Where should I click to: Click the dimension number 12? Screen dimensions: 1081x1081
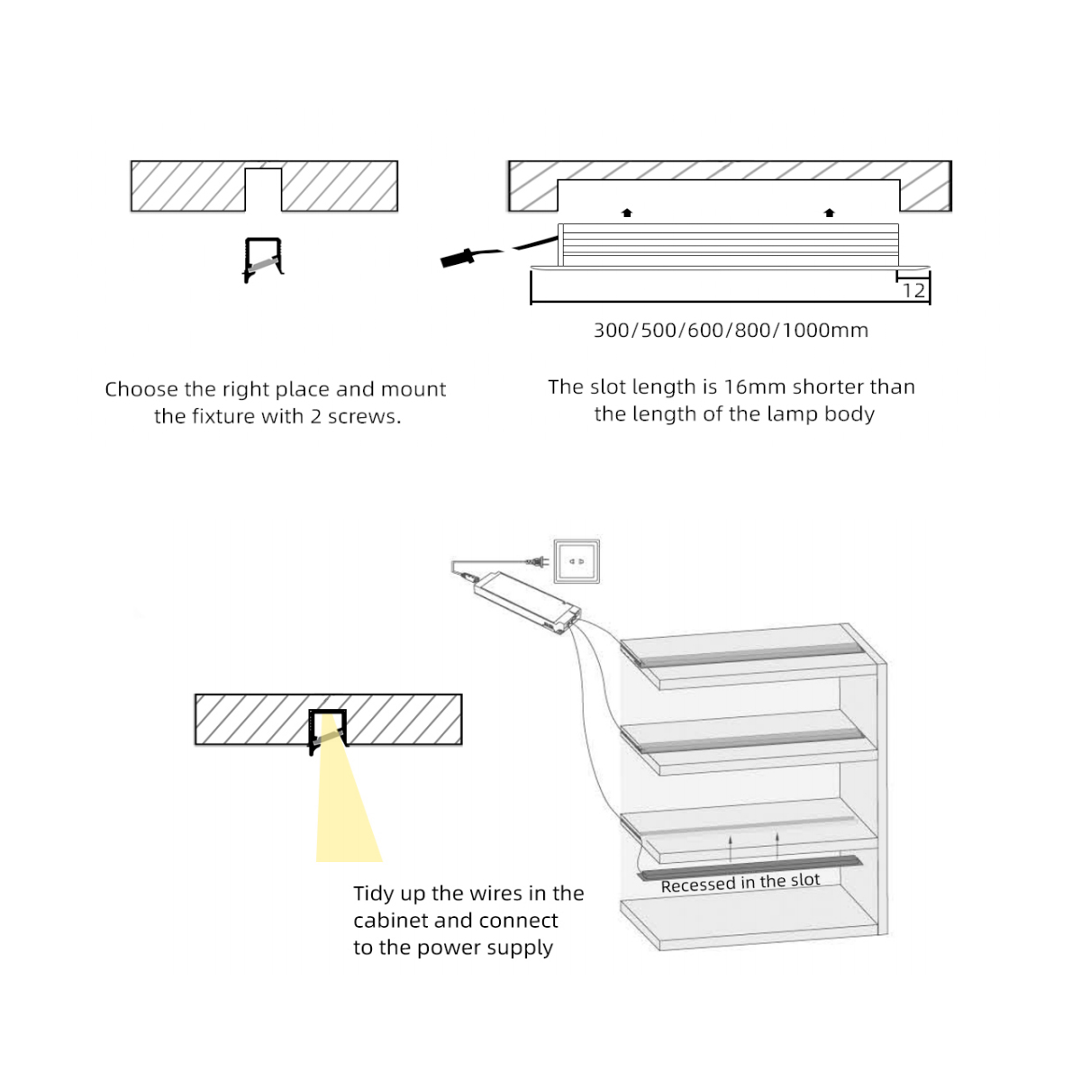[913, 290]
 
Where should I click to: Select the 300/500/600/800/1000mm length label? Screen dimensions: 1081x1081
[731, 331]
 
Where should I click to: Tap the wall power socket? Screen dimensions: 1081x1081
[577, 562]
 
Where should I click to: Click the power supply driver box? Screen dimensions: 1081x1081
[528, 601]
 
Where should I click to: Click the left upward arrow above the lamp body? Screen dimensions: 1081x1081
[627, 213]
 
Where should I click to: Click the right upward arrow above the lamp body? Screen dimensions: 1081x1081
[830, 213]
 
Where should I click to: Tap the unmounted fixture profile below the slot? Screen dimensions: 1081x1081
[263, 259]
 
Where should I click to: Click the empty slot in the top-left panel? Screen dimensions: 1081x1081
[263, 188]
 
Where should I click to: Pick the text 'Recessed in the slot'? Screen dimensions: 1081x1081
[740, 883]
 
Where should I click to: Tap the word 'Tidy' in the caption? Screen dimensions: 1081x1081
[374, 894]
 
